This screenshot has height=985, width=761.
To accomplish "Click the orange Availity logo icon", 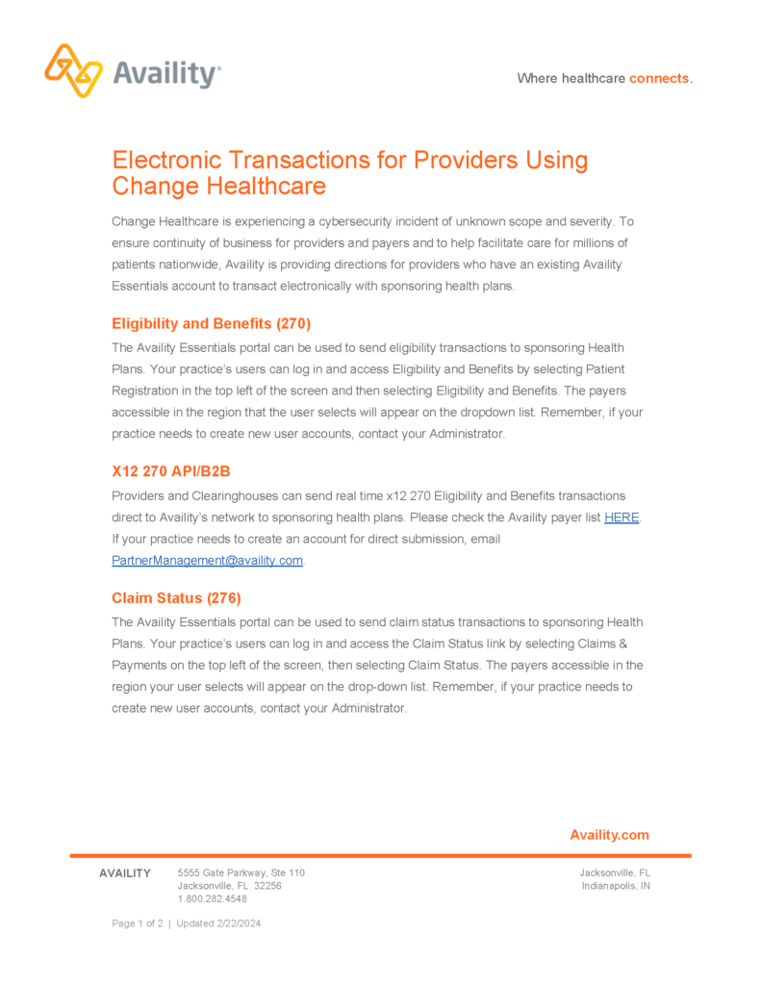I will click(x=73, y=70).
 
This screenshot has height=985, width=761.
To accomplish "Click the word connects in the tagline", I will click(x=659, y=78).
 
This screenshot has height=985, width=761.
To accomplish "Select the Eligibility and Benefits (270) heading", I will click(x=211, y=323).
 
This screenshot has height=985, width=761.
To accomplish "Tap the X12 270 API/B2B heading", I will click(x=171, y=471).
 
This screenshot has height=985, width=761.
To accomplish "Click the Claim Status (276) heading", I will click(x=176, y=597).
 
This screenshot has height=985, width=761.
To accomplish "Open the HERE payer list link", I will click(x=621, y=518).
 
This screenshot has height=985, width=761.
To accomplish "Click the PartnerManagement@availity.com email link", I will click(x=208, y=561).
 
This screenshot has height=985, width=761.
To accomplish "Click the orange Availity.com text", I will click(x=609, y=835).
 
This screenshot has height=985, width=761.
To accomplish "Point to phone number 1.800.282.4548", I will click(x=213, y=899).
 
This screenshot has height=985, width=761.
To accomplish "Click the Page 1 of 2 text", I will click(x=137, y=923).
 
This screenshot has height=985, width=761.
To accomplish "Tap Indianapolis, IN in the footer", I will click(x=616, y=886).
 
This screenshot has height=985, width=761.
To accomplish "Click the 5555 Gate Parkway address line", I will click(x=241, y=872).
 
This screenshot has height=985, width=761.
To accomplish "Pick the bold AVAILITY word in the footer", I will click(x=125, y=873).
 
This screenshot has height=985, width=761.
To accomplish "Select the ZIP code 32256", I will click(x=267, y=886).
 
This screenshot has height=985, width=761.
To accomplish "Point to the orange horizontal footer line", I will click(x=380, y=855).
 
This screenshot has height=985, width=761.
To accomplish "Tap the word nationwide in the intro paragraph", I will click(x=186, y=264).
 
